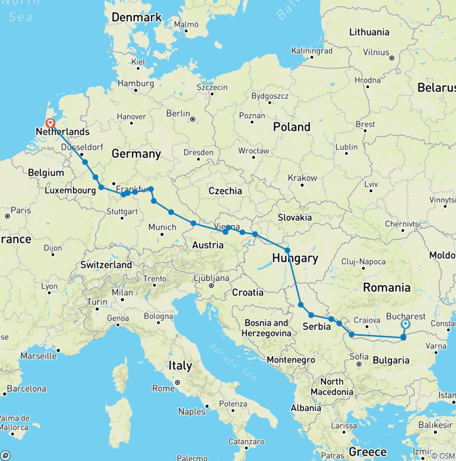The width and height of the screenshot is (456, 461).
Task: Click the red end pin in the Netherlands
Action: tap(50, 125)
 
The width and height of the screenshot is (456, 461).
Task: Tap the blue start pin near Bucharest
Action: tap(406, 325)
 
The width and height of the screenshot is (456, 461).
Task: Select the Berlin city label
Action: tap(178, 113)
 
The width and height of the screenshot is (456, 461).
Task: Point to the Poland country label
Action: tap(292, 127)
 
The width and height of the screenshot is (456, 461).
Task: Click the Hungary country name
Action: tap(295, 258)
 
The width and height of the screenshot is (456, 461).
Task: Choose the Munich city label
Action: tap(162, 227)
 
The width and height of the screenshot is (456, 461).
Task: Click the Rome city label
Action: tap(163, 388)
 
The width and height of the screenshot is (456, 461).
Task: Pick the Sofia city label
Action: tap(358, 356)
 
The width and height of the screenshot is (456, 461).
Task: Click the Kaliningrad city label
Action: tap(312, 51)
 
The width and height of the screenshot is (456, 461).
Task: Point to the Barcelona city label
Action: tap(26, 389)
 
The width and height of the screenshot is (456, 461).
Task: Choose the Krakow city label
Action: tap(302, 178)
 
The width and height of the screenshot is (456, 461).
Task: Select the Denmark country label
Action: tap(137, 18)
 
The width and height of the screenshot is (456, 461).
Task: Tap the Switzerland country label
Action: tap(106, 264)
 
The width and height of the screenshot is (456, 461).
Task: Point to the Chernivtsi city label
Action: tap(402, 224)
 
